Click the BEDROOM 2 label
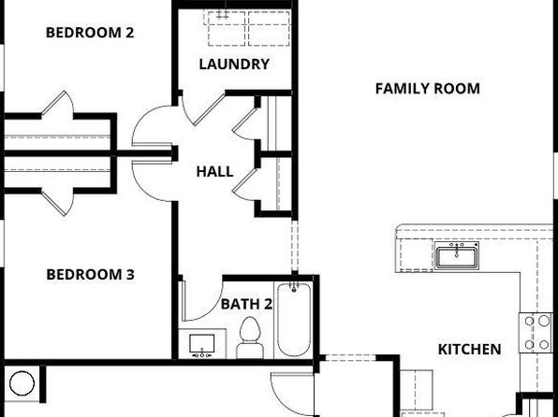pos(90,33)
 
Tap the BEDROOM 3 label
pos(91,275)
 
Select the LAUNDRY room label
pos(234,65)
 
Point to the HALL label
pos(215,172)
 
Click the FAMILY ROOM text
pos(428,89)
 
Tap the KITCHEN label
pos(469,350)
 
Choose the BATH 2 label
pos(246,304)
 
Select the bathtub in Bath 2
pos(294,319)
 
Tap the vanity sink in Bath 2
pos(202,343)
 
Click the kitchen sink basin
pos(457,256)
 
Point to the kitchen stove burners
pos(536,333)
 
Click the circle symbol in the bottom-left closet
pos(22,383)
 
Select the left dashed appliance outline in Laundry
pos(227,28)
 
